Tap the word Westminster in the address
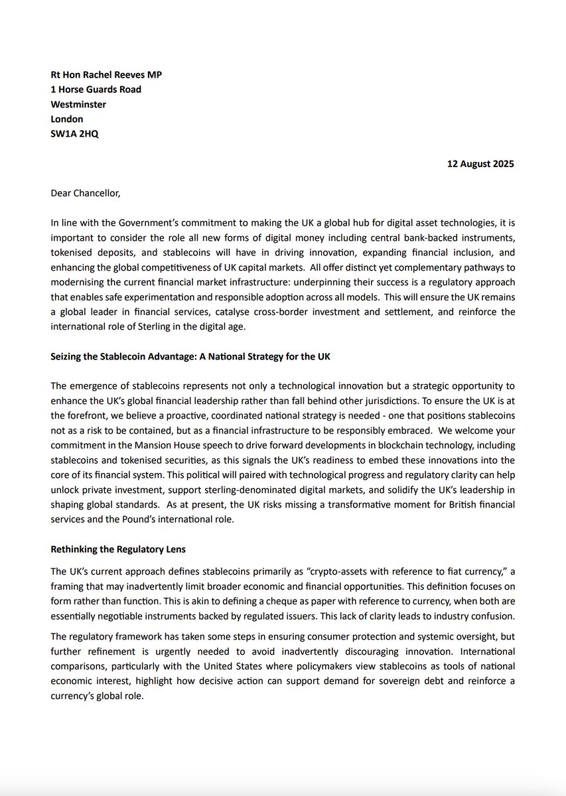(78, 104)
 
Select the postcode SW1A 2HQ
(75, 134)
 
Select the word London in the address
(67, 119)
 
